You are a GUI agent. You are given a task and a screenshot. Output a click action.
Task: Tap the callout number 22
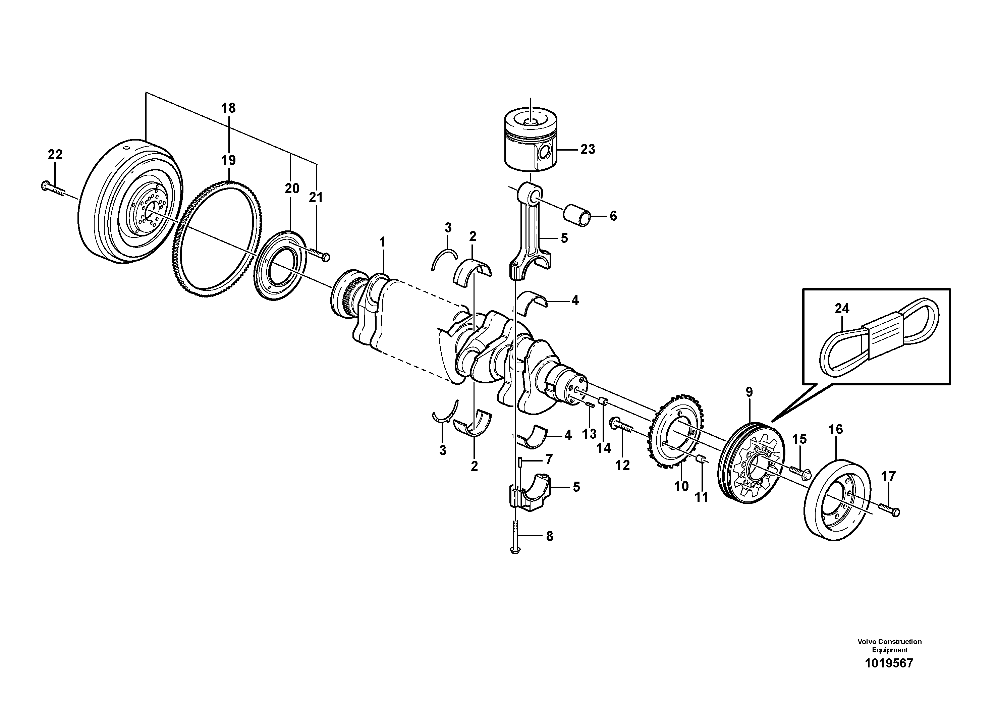(x=55, y=154)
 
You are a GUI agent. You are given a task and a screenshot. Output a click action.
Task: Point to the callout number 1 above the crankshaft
(x=383, y=242)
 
